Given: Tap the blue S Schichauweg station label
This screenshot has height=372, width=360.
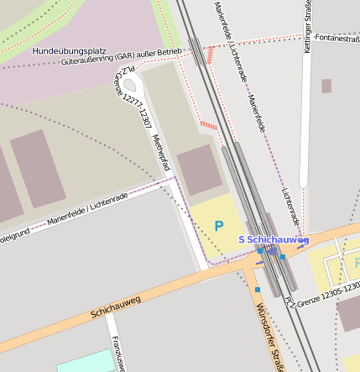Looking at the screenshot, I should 274,240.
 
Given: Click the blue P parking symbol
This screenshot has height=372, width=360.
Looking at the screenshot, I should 219,226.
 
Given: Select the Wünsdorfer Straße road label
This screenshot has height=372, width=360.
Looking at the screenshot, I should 269,332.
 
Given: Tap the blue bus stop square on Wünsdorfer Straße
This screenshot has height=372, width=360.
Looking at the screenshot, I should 258,290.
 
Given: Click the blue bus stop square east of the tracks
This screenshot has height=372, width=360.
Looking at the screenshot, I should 283,257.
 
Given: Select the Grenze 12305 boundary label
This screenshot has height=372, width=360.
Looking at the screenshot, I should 323,291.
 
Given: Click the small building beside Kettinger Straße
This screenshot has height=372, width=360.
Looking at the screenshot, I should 326,86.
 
